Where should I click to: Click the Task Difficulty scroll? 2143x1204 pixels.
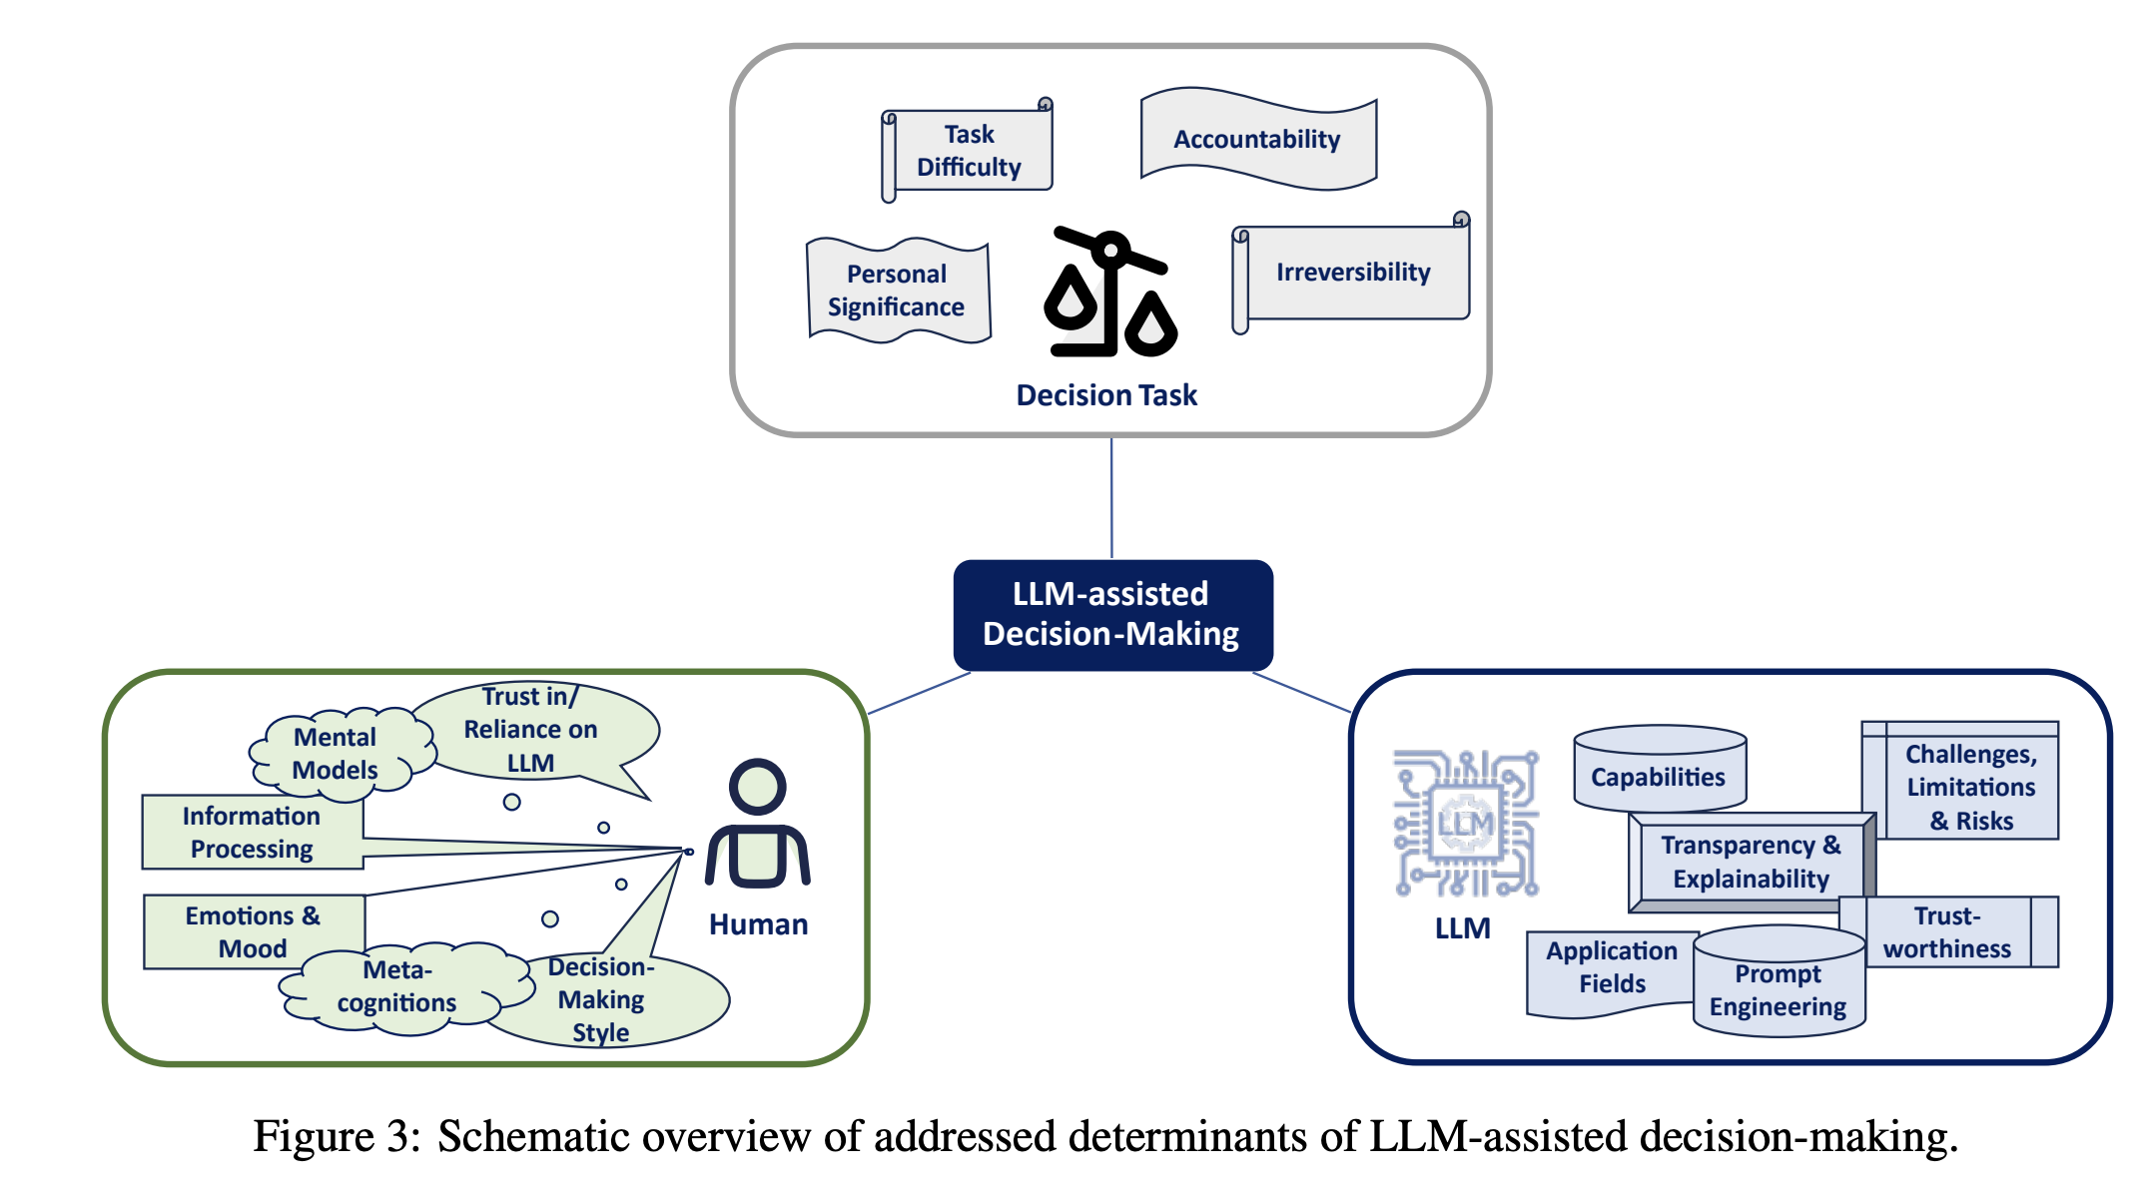point(969,151)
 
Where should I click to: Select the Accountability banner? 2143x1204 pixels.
point(1257,139)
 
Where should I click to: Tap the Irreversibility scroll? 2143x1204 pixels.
point(1353,272)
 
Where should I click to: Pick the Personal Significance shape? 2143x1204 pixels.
point(897,291)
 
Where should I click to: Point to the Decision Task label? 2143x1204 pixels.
point(1106,395)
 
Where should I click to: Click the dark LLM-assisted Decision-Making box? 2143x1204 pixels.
point(1112,614)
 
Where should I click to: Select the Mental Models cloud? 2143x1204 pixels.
point(336,754)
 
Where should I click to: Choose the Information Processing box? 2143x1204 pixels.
point(252,833)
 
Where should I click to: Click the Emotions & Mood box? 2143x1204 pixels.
point(253,931)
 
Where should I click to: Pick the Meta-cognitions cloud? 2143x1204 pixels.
point(397,986)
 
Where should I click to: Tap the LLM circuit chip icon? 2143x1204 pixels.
point(1465,823)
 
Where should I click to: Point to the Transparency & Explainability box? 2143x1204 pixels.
point(1751,862)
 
